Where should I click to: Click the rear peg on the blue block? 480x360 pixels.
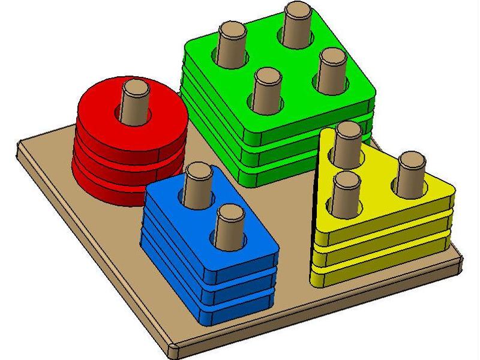197,184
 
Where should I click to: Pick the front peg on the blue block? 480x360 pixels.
229,225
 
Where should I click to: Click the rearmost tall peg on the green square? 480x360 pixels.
296,24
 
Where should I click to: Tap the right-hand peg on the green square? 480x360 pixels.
332,69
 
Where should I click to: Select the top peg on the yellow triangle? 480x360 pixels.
346,144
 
